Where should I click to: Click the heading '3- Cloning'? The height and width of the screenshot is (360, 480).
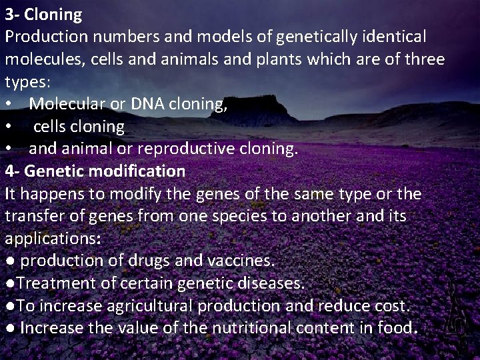(44, 14)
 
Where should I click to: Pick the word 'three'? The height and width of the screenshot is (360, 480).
(421, 59)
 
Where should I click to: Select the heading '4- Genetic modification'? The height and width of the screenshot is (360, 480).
(95, 171)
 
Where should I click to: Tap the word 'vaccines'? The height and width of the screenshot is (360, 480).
(236, 261)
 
